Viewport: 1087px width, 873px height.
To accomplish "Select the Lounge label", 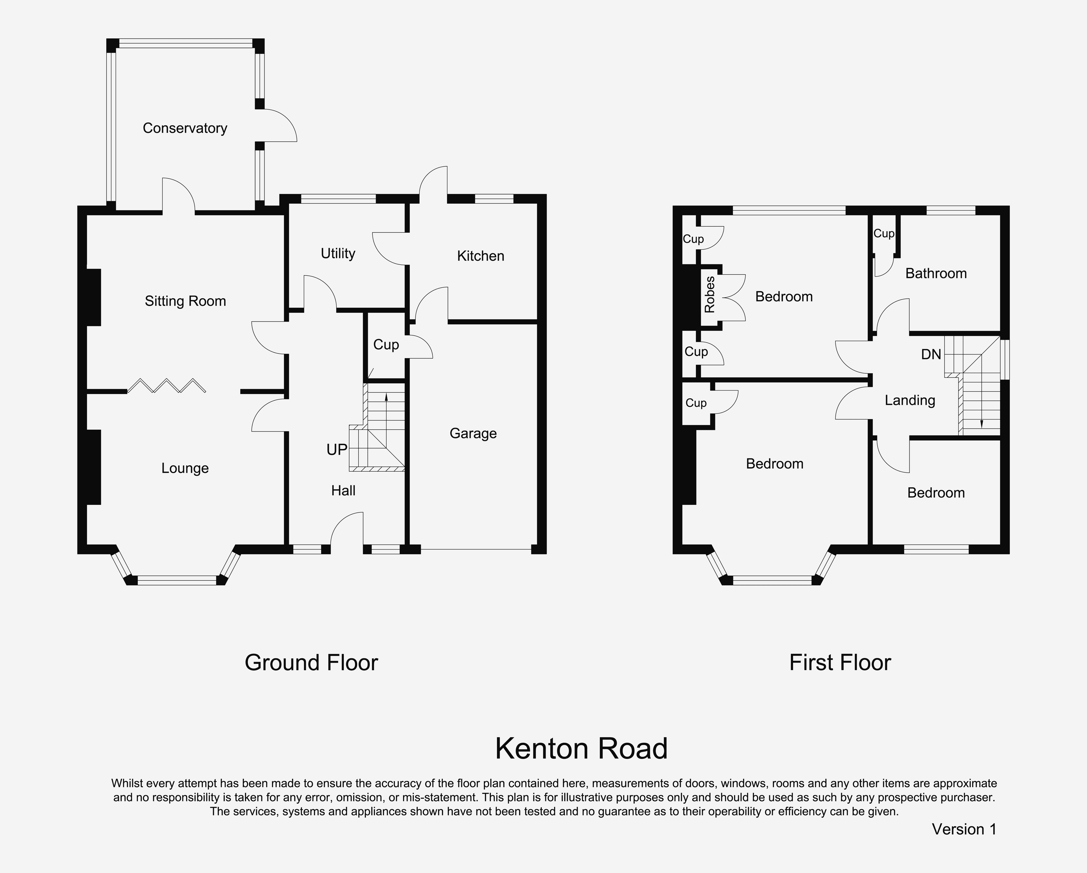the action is tap(185, 468).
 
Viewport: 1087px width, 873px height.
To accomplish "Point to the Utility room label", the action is tap(338, 254).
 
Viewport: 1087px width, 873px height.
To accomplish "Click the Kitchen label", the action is tap(480, 256).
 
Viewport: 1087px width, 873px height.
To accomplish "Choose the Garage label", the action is tap(473, 434).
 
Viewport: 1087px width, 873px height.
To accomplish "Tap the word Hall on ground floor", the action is tap(343, 491).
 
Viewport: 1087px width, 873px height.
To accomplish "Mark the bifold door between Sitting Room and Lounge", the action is tap(166, 386).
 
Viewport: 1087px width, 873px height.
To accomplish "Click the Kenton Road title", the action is tap(581, 748).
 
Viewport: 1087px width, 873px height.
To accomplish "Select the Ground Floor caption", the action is tap(311, 663).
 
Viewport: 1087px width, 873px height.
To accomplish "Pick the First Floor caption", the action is tap(840, 663).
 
